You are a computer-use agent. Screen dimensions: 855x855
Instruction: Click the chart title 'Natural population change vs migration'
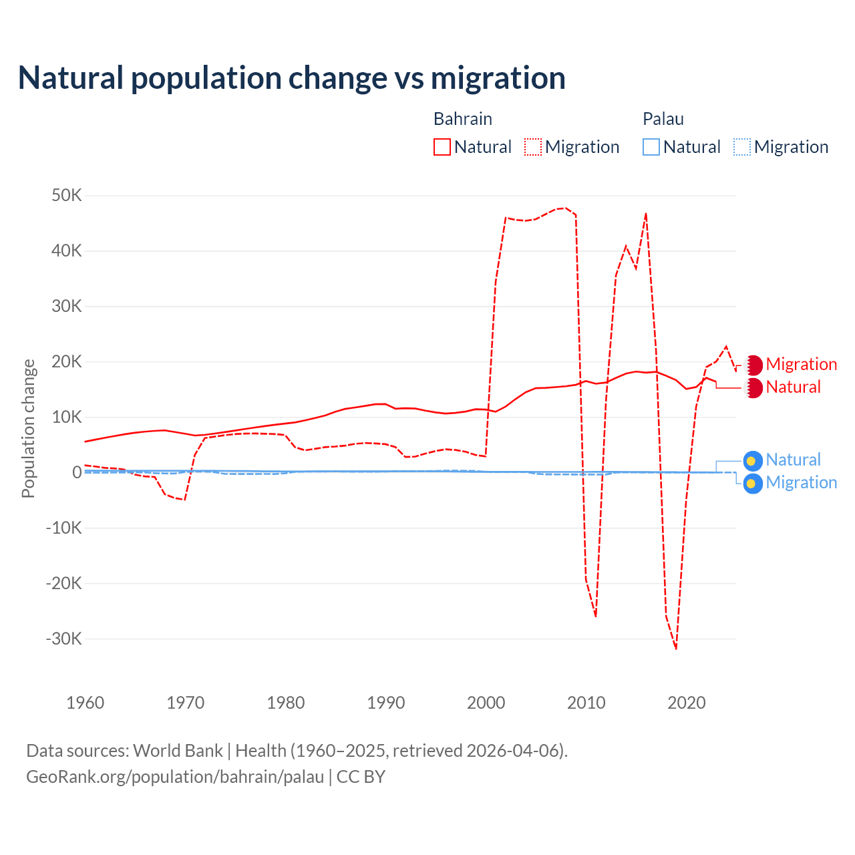click(x=292, y=78)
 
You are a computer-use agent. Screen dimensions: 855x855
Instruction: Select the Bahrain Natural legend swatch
click(x=442, y=147)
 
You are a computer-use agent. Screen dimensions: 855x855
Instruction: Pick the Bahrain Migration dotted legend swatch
click(x=533, y=147)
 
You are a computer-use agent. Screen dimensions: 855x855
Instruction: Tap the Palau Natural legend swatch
click(x=651, y=147)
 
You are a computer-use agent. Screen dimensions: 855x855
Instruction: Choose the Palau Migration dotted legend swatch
click(x=742, y=147)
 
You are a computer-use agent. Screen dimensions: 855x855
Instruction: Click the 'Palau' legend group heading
click(x=663, y=119)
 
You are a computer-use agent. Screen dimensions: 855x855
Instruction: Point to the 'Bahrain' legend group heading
click(x=462, y=119)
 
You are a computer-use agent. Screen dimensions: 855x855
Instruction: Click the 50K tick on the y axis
click(x=66, y=196)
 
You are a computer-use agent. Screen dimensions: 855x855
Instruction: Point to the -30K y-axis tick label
click(x=63, y=639)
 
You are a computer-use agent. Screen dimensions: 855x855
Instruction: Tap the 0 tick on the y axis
click(x=77, y=472)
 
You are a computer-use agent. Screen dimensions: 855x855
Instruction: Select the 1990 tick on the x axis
click(x=386, y=703)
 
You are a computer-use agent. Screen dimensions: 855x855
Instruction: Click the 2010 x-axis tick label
click(x=586, y=703)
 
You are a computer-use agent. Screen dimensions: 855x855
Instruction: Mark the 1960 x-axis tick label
click(x=85, y=703)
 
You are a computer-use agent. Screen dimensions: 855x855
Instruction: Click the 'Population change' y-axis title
click(x=28, y=429)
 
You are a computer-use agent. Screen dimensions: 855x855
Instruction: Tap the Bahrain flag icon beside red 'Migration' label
click(x=753, y=365)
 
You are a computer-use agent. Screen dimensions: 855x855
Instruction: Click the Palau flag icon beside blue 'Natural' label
click(x=753, y=461)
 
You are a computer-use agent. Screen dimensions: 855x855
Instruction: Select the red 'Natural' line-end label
click(x=793, y=387)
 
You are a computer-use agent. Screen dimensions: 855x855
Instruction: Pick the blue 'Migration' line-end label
click(x=801, y=483)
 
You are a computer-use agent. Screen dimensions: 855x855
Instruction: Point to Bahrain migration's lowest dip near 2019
click(x=676, y=648)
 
